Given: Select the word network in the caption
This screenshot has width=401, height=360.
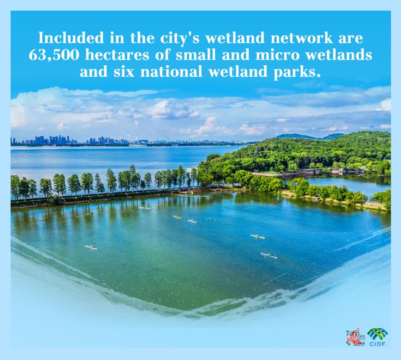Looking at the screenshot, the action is [x=302, y=38].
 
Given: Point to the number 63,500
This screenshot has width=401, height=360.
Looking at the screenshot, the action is [x=54, y=55].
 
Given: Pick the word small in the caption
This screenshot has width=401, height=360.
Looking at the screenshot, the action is [x=195, y=55].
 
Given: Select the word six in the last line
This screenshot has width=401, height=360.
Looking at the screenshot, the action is [x=124, y=72].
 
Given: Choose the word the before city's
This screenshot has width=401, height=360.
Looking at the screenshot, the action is [x=143, y=38].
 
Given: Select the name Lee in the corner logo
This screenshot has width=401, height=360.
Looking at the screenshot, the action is [x=359, y=344].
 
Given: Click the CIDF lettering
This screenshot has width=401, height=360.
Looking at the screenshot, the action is [x=377, y=344].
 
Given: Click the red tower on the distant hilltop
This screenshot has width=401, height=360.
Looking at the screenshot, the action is [x=328, y=135].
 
